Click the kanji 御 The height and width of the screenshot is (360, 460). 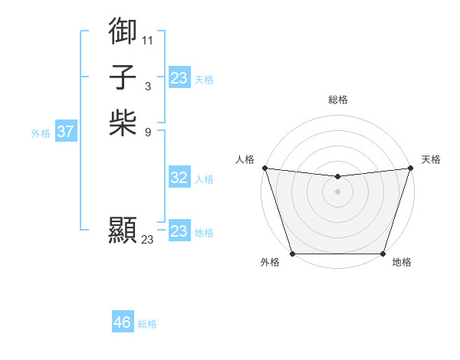point(123,31)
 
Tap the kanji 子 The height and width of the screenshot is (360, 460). point(123,77)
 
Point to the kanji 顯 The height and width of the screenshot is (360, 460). point(123,230)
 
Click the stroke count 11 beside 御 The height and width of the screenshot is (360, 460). point(147,40)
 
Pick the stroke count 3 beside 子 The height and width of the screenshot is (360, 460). point(147,86)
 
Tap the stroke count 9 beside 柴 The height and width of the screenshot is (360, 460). point(147,131)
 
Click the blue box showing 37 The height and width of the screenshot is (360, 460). point(66,132)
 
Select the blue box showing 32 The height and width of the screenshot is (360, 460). point(179,178)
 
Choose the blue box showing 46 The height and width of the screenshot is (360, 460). point(123,322)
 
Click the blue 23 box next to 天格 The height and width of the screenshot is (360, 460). point(179,78)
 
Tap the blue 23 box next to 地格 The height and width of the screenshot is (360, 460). point(179,231)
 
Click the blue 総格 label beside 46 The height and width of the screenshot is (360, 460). point(147,324)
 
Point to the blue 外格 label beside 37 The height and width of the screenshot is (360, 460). point(41,133)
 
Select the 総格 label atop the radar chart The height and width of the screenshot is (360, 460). point(337,100)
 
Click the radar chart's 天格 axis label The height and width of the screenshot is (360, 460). point(431,159)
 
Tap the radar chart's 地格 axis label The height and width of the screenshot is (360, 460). point(402,263)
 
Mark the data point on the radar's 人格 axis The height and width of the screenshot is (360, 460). point(264,168)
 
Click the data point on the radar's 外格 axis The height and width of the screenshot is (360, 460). point(293,254)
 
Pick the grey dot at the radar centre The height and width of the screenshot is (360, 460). point(337,191)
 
